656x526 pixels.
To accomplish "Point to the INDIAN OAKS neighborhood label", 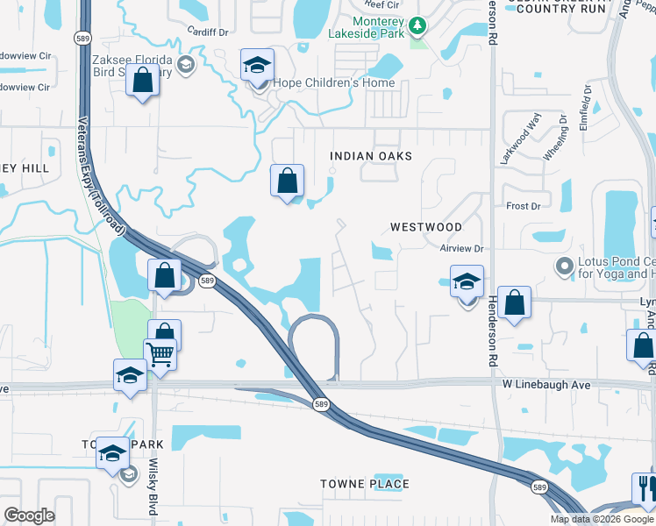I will click(x=370, y=156).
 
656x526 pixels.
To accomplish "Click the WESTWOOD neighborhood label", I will click(x=425, y=227).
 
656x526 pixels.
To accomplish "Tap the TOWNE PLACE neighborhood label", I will click(x=364, y=484).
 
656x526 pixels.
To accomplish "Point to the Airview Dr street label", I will click(x=462, y=249).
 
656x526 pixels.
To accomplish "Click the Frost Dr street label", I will click(x=523, y=206).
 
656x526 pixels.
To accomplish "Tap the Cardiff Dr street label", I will click(x=208, y=31).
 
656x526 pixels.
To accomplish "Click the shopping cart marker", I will click(x=160, y=355).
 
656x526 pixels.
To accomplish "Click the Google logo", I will click(x=29, y=515).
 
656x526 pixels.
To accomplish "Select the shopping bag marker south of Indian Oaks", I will click(x=287, y=181).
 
